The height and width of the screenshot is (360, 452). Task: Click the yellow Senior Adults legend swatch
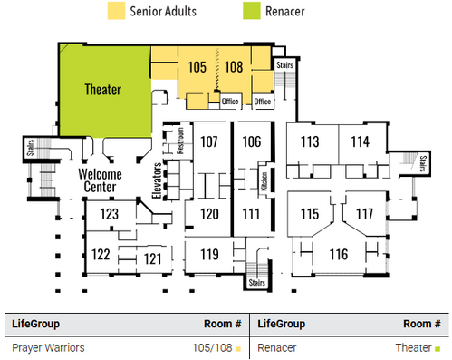(x=116, y=11)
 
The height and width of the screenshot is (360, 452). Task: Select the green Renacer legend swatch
(x=252, y=11)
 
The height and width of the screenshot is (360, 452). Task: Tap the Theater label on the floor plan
(x=103, y=90)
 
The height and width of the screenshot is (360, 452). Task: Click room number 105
(x=197, y=67)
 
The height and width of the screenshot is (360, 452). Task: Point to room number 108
(x=234, y=67)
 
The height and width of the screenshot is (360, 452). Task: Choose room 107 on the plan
(x=209, y=141)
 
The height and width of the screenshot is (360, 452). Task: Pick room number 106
(x=252, y=141)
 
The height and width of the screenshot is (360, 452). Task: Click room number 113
(x=310, y=141)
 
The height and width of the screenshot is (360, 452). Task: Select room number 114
(x=360, y=141)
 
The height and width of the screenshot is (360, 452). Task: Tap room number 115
(x=310, y=214)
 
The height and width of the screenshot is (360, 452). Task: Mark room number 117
(x=365, y=214)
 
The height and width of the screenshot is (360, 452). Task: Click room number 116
(x=339, y=254)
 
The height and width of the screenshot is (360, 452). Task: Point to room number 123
(x=110, y=214)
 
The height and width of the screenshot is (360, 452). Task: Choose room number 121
(x=152, y=258)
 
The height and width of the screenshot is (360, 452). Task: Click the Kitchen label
(x=264, y=181)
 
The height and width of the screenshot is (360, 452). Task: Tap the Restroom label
(x=180, y=141)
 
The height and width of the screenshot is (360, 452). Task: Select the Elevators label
(x=157, y=180)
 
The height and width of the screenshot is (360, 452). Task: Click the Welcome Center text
(x=100, y=180)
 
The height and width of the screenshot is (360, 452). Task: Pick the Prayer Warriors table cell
(x=48, y=347)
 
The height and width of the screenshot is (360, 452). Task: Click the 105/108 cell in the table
(x=212, y=347)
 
